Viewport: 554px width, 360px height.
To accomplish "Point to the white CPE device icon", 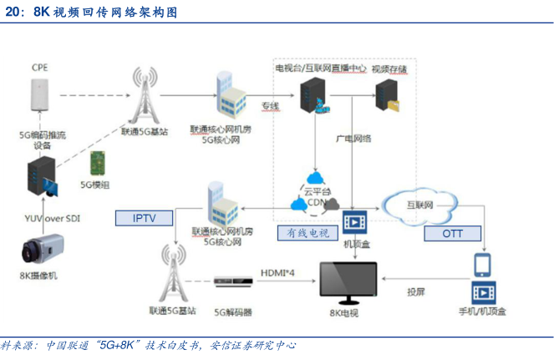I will (38, 94).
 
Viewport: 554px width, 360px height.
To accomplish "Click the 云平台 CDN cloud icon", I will (315, 194).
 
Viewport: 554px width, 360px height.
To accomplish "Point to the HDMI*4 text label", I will (277, 272).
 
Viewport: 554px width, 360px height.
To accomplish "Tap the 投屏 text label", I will (415, 292).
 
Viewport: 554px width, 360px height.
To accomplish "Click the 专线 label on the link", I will (270, 106).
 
